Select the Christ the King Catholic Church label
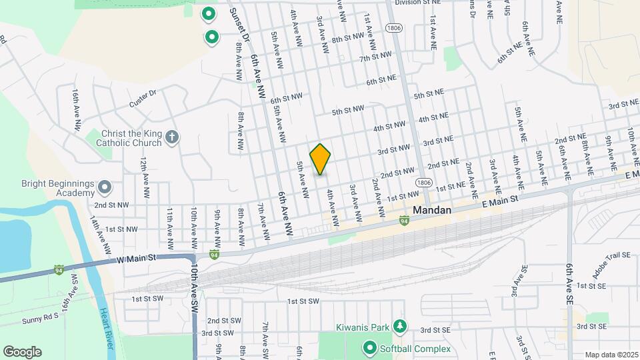(129, 138)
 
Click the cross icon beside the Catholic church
(172, 138)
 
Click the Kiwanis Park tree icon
(399, 326)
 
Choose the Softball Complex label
(415, 348)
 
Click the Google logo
(22, 351)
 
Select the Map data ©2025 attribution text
(611, 355)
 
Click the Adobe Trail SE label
(611, 265)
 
